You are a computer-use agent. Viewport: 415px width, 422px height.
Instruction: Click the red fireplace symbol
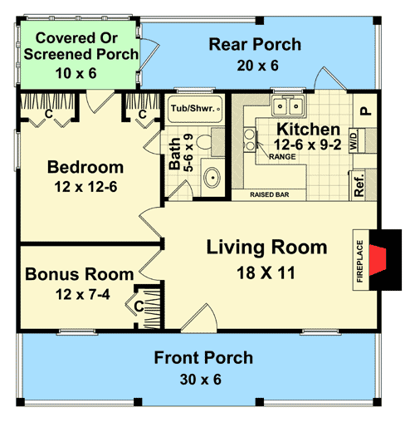point(382,258)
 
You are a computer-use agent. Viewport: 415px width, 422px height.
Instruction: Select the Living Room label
point(266,248)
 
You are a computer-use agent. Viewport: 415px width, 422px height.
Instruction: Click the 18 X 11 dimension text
point(266,272)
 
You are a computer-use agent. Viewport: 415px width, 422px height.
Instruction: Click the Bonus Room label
point(79,274)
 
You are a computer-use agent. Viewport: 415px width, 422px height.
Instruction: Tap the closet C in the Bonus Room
point(139,306)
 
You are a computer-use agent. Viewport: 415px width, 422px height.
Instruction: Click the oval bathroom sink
point(212,177)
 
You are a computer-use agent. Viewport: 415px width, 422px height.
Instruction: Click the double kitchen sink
point(288,106)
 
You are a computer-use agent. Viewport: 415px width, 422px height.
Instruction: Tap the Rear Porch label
point(254,45)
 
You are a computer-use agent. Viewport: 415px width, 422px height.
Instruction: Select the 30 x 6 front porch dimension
point(203,380)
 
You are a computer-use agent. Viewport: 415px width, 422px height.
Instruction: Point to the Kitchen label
point(308,130)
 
